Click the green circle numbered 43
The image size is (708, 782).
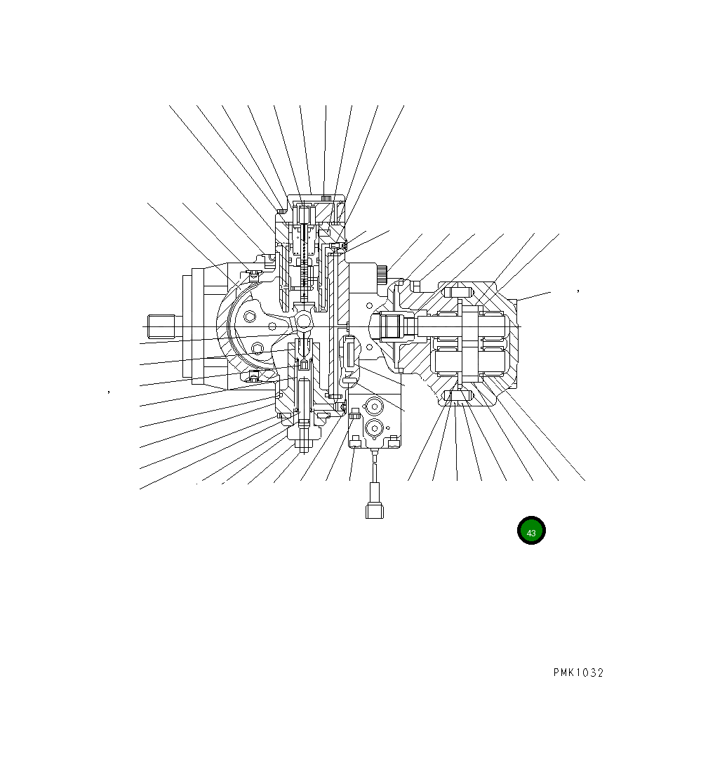531,531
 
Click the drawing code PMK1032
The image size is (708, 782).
577,672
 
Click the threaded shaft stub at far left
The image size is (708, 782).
161,326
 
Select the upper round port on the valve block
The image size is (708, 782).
373,406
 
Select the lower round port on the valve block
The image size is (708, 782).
373,428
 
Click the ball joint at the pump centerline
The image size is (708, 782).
304,321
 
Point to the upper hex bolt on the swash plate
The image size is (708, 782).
251,318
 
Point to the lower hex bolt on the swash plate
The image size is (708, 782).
258,348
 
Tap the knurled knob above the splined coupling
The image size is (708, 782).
382,274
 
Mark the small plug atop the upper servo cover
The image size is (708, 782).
325,198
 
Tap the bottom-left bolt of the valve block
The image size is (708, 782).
356,441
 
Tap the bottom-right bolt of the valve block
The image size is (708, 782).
394,441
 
